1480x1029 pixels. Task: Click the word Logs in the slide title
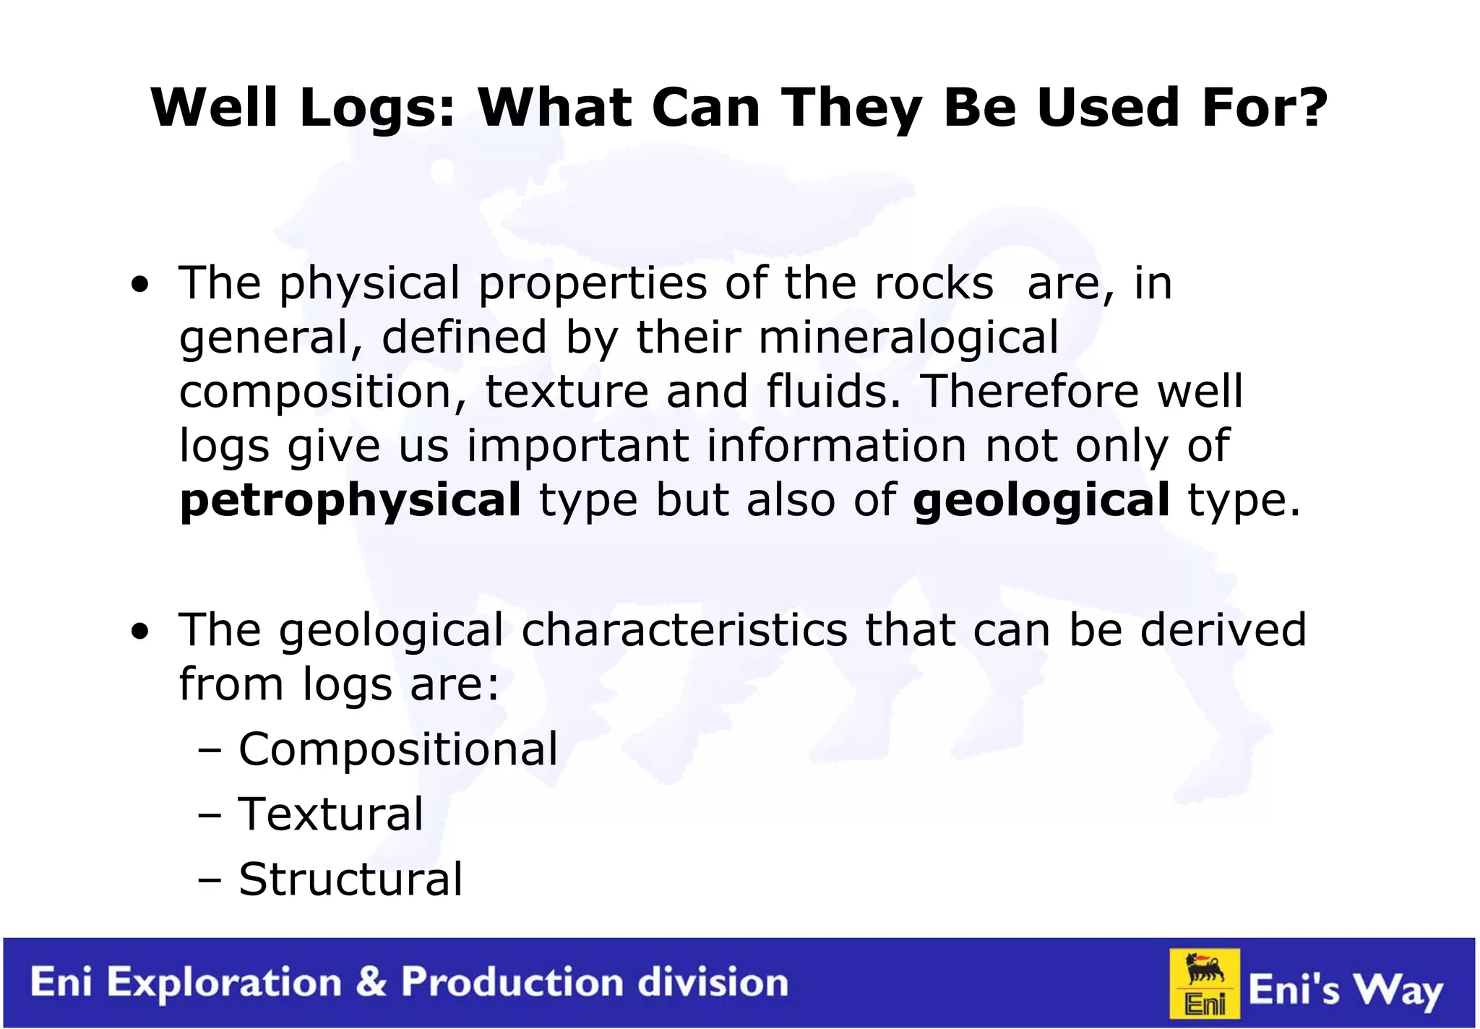point(377,108)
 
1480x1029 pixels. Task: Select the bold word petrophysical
point(350,501)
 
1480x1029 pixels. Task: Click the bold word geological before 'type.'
point(1041,501)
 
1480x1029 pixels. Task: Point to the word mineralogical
point(908,337)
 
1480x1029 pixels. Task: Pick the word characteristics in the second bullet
point(684,629)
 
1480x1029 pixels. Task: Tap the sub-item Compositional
point(398,749)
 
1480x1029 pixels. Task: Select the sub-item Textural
point(331,814)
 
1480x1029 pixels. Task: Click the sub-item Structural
point(350,879)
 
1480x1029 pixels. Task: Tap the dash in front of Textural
point(210,815)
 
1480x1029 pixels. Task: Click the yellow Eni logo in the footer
point(1205,983)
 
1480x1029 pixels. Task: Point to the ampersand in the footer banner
point(371,983)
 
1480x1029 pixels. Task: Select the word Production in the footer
point(513,983)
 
